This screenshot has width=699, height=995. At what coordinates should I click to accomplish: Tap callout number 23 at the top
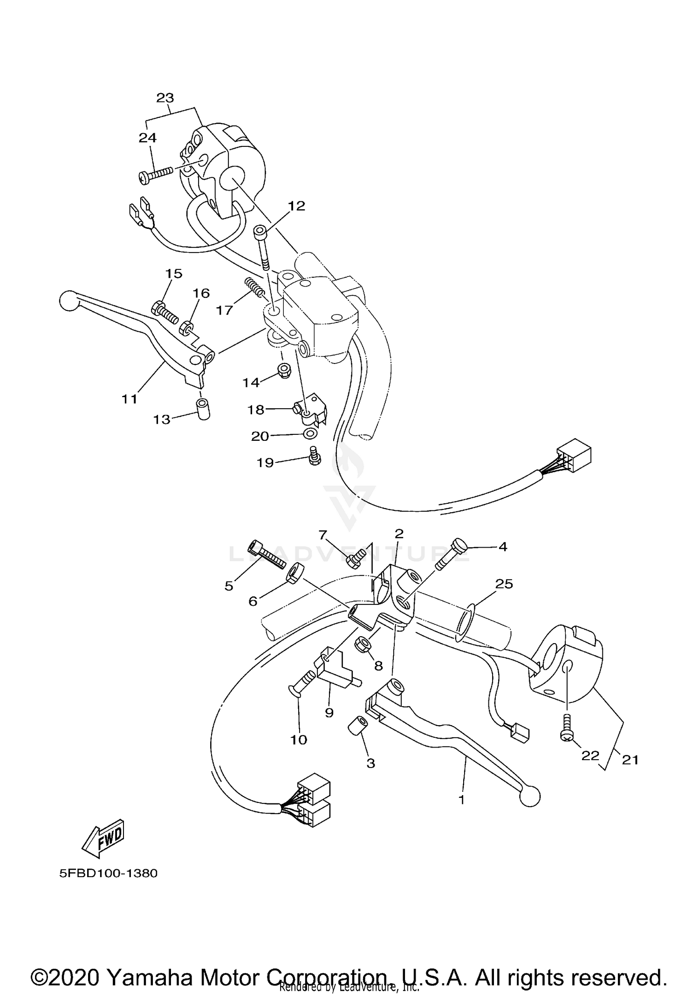[165, 98]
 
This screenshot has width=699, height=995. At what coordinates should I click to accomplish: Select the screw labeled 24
[156, 174]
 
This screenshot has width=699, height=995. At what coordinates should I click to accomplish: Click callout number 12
[296, 206]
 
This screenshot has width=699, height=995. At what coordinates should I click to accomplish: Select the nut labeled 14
[282, 371]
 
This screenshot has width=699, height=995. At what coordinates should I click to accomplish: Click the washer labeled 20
[309, 434]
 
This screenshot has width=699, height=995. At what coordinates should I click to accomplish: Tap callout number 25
[504, 583]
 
